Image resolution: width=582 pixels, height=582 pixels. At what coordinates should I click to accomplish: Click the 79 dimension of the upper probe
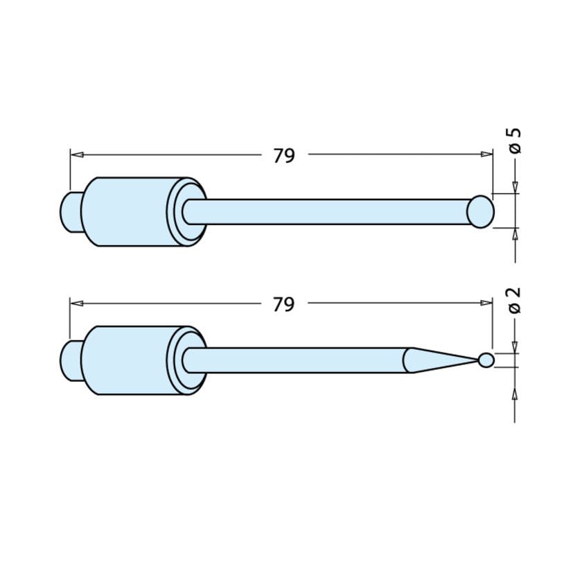coord(284,156)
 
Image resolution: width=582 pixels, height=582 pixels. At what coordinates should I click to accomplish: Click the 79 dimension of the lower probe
coord(284,304)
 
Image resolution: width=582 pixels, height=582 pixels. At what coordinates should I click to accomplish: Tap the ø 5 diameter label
coord(514,140)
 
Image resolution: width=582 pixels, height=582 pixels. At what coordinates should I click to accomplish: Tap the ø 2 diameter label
coord(514,299)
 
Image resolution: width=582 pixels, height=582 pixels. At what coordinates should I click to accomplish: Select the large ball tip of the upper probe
coord(480,211)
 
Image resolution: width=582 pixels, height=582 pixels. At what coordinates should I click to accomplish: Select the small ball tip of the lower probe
coord(486,360)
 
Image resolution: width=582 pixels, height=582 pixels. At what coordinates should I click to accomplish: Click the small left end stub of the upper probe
coord(70,211)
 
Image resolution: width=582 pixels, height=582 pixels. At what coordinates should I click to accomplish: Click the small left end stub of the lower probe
coord(70,360)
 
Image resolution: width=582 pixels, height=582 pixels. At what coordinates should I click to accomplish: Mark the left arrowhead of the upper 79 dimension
coord(76,155)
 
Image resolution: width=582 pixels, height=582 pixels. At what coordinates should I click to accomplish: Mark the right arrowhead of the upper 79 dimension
coord(487,155)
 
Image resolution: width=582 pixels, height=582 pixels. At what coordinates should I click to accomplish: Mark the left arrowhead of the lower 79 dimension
coord(76,303)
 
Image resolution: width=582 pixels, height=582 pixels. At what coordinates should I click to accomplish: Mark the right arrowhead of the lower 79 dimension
coord(487,303)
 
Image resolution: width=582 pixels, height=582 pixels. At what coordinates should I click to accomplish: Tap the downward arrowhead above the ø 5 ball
coord(515,187)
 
